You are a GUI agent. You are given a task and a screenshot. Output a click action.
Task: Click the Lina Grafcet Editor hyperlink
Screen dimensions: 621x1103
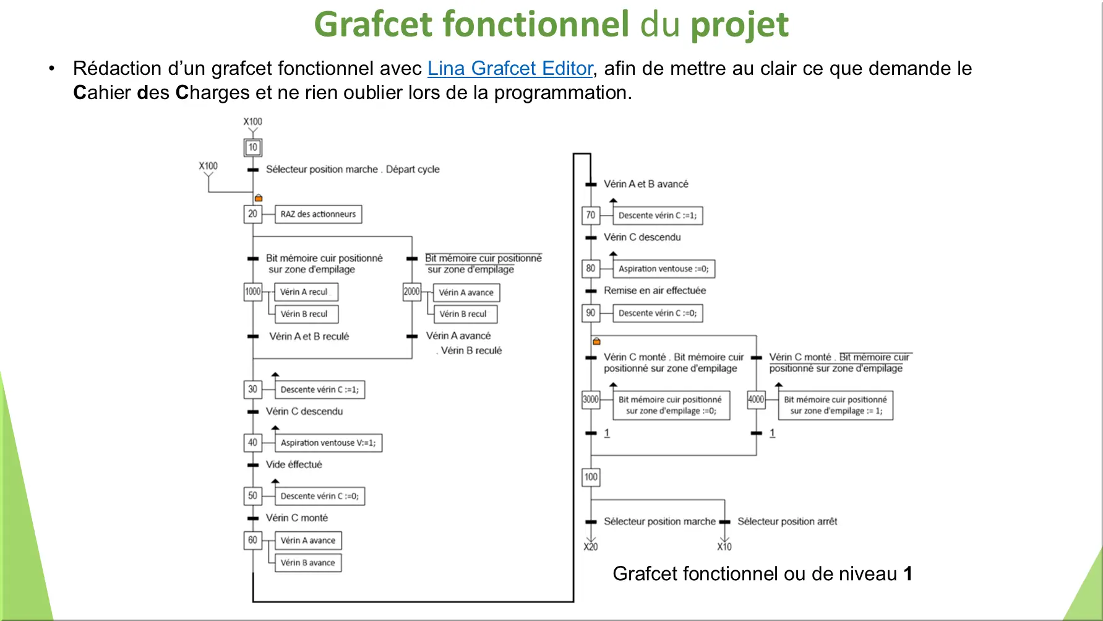[510, 68]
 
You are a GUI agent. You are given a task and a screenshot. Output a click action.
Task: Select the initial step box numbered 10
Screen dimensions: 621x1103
[252, 147]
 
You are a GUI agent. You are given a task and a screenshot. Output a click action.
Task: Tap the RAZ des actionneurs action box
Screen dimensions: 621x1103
[318, 214]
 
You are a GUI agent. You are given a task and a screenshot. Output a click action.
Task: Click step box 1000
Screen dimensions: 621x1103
[252, 292]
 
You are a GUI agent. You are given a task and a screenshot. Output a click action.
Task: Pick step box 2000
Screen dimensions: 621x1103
[411, 292]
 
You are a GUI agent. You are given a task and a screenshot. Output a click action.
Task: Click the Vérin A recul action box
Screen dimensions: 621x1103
[306, 292]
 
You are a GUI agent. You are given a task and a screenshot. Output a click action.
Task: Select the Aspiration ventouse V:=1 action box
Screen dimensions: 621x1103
[328, 443]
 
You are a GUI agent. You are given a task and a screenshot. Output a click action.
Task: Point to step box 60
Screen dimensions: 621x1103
[252, 540]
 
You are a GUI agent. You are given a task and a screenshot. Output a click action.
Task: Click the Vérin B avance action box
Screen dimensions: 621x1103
[307, 563]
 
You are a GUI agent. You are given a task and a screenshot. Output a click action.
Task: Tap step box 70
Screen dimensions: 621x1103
[590, 215]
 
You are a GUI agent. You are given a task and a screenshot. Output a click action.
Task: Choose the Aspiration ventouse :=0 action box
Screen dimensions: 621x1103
[663, 269]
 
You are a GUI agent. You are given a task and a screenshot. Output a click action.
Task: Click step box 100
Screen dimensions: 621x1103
[591, 477]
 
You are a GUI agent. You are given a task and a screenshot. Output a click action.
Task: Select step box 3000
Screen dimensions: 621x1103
[591, 399]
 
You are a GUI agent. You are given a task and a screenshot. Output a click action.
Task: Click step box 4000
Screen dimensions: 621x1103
[756, 399]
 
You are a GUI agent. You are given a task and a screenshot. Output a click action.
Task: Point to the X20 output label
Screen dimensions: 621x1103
[591, 547]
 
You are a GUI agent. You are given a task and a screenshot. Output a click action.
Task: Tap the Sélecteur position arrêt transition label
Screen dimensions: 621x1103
[787, 521]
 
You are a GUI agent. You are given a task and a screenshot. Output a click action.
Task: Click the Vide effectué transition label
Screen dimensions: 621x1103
[294, 464]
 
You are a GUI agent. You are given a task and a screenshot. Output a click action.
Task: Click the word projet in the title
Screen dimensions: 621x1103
[739, 25]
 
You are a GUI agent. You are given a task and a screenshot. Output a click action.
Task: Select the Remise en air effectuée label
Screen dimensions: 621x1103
[655, 290]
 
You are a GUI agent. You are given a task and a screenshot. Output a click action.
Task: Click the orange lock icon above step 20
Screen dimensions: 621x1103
[259, 198]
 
